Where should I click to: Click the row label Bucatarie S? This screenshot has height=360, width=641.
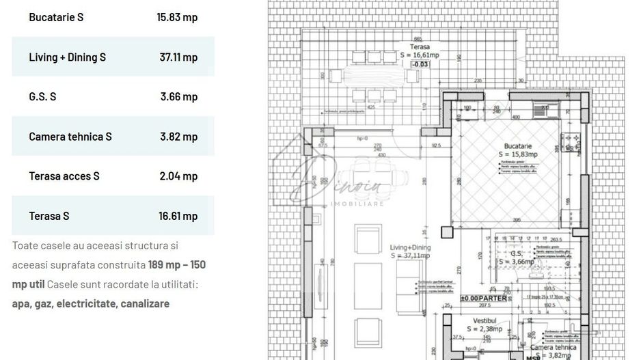coord(56,17)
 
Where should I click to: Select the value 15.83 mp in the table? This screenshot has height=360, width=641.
coord(177,17)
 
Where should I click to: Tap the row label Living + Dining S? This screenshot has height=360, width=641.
coord(67,57)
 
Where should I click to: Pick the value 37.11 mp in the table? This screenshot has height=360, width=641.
coord(178,57)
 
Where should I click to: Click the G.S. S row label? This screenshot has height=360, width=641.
coord(42,96)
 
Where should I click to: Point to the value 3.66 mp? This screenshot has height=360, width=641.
coord(179,96)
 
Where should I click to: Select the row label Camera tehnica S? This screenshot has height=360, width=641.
coord(70,136)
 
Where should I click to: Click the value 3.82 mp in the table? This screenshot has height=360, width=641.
coord(179,136)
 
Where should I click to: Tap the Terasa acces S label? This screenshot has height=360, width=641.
coord(64,176)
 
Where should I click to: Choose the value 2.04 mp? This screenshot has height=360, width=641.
coord(179,176)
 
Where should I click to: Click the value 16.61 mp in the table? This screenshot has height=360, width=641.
coord(178,216)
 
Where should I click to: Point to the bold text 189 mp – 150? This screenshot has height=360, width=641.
coord(176,264)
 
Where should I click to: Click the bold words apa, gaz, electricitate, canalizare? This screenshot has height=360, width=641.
coord(91,303)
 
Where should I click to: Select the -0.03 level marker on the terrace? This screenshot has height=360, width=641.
coord(420,64)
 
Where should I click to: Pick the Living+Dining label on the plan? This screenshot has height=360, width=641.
coord(409,247)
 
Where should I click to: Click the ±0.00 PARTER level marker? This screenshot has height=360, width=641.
coord(483,299)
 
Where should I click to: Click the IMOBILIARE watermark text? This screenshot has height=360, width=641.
coord(356,204)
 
